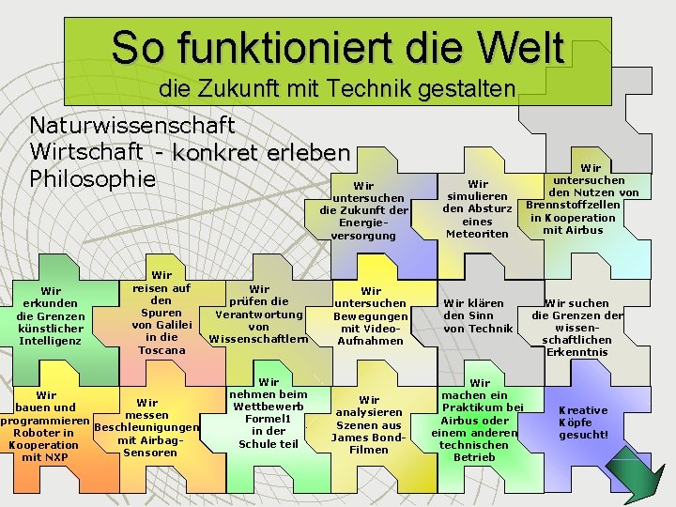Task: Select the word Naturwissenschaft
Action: tap(132, 125)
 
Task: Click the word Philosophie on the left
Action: tap(91, 177)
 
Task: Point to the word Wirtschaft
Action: tap(86, 151)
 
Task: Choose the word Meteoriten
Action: tap(477, 234)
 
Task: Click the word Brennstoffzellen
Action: tap(573, 205)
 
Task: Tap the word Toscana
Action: tap(161, 350)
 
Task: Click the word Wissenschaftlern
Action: tap(259, 338)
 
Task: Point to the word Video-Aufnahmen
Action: tap(370, 334)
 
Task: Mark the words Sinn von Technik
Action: tap(478, 322)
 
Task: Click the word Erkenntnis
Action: tap(576, 352)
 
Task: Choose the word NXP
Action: tap(44, 457)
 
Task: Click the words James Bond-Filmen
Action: tap(368, 443)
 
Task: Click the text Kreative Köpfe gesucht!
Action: tap(583, 422)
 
